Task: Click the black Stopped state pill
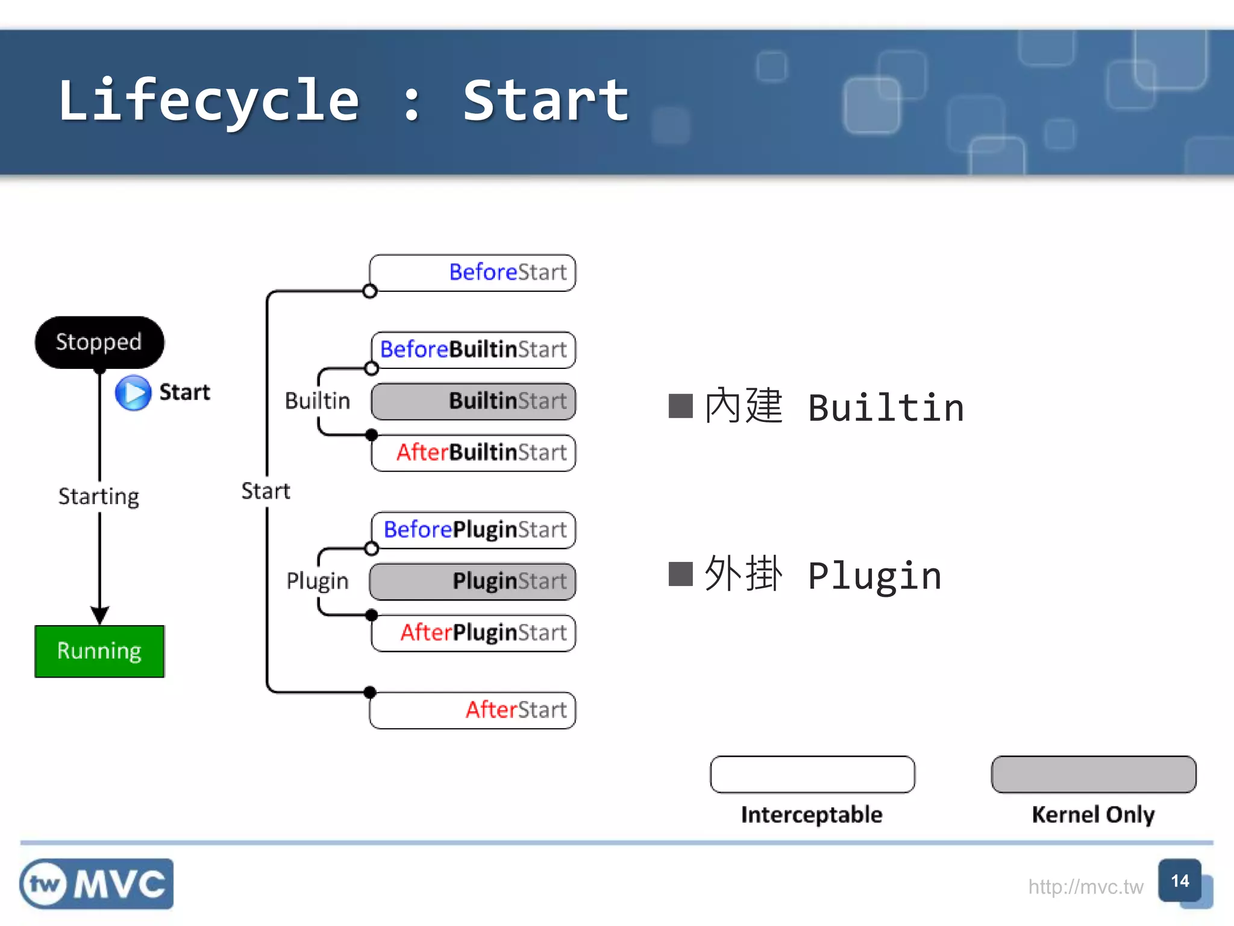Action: pos(99,342)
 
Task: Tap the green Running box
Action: pos(99,651)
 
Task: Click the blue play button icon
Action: pos(133,392)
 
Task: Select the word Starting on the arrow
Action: pos(99,497)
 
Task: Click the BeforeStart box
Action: pos(473,272)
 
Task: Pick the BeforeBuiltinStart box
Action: pos(474,350)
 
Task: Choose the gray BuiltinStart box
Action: pos(474,401)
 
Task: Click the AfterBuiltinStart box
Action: pos(474,452)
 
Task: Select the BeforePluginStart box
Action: pos(474,530)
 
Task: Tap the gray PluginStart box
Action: pos(473,581)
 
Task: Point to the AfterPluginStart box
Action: pos(474,633)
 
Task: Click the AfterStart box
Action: pos(473,710)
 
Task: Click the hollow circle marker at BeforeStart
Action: pos(370,292)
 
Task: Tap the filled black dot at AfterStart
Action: pos(370,692)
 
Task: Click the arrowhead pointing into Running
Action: pos(99,615)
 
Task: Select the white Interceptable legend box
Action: pos(812,774)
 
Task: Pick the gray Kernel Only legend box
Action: pos(1094,774)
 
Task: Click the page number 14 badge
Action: pos(1180,881)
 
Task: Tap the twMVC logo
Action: pos(96,884)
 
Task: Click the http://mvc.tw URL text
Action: pos(1085,887)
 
